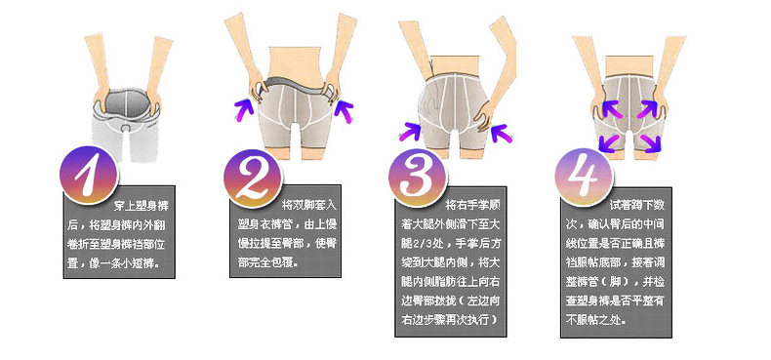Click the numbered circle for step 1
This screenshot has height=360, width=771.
[x=87, y=179]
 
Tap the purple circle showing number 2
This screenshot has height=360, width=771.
[x=252, y=179]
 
